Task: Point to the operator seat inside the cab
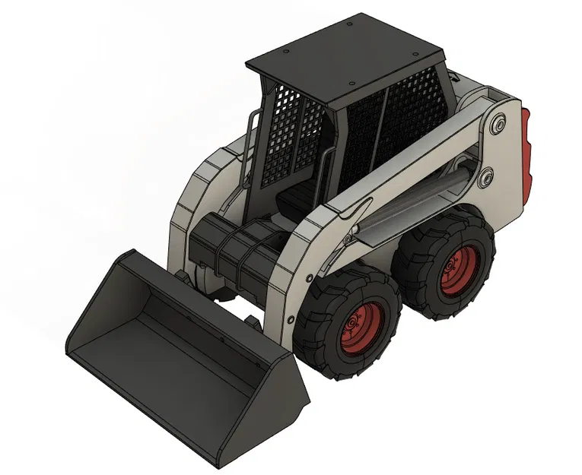293,200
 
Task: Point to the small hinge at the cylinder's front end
348,240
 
